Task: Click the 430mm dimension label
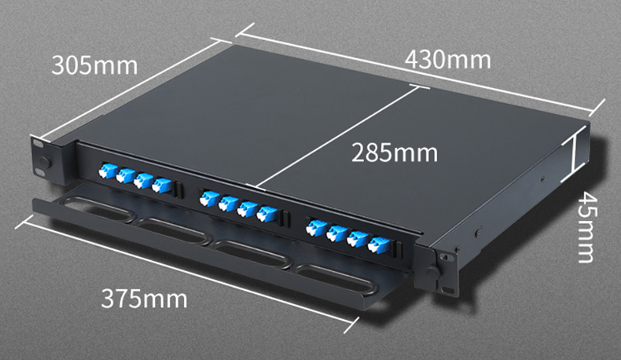447,61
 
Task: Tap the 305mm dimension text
94,65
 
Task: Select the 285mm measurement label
395,152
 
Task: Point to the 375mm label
144,299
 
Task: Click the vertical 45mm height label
585,227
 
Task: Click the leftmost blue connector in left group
108,171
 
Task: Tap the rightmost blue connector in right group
378,245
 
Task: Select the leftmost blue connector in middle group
209,198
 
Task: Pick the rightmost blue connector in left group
162,186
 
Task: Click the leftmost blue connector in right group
316,228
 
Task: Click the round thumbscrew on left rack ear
45,161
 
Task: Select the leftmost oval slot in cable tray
98,208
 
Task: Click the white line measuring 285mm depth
336,137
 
